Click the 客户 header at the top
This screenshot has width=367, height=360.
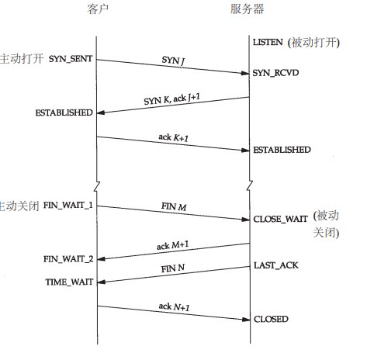click(x=98, y=9)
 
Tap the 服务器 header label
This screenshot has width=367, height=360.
click(x=247, y=9)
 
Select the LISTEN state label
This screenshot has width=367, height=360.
click(x=268, y=42)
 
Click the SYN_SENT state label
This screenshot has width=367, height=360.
click(x=71, y=59)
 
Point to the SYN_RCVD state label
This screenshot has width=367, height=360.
click(x=275, y=73)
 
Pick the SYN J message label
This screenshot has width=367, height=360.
click(x=173, y=61)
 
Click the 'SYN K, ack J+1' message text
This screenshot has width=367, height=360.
click(x=172, y=99)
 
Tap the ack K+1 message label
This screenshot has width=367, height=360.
click(x=173, y=137)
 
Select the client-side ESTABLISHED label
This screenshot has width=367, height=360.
click(x=64, y=112)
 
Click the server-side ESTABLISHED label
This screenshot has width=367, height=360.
click(x=282, y=150)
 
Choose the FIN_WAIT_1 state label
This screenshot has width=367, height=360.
click(x=68, y=206)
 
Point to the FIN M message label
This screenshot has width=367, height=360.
click(x=174, y=206)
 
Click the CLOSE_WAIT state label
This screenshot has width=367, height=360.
click(x=280, y=220)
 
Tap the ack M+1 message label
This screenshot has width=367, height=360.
click(x=173, y=245)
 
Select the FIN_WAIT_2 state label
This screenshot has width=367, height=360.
click(x=68, y=259)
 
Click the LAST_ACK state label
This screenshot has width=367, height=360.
click(x=276, y=265)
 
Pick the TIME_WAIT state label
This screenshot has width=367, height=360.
click(x=69, y=282)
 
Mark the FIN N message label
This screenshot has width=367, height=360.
click(x=173, y=268)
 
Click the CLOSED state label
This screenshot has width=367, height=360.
click(x=271, y=319)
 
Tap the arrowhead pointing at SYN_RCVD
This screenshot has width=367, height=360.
click(x=244, y=73)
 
